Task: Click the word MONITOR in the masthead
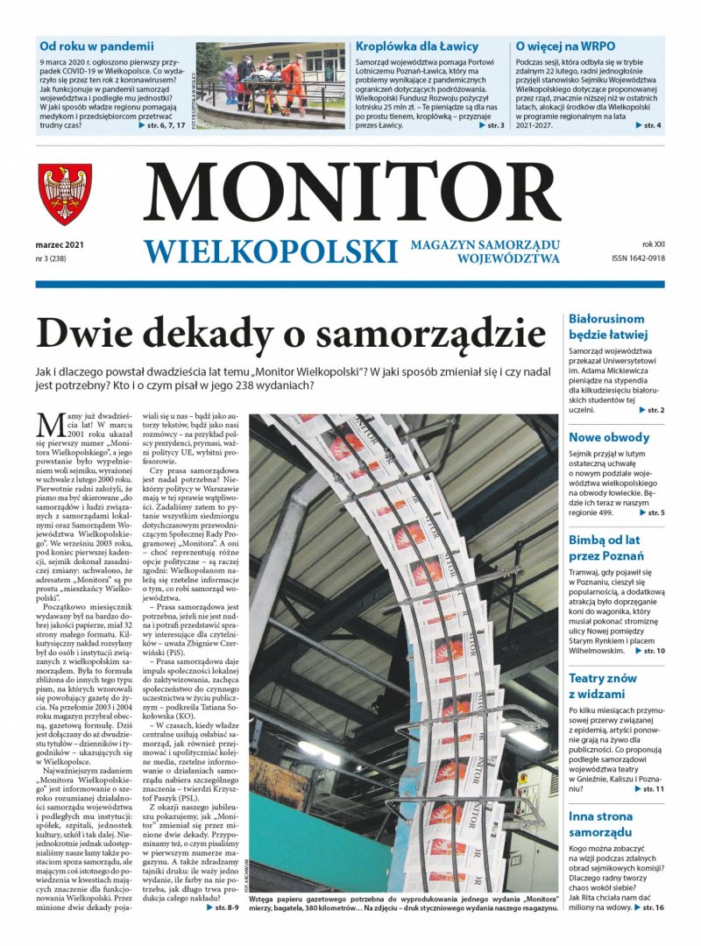point(351,194)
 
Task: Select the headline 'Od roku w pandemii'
point(96,46)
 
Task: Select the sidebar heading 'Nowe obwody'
point(609,437)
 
